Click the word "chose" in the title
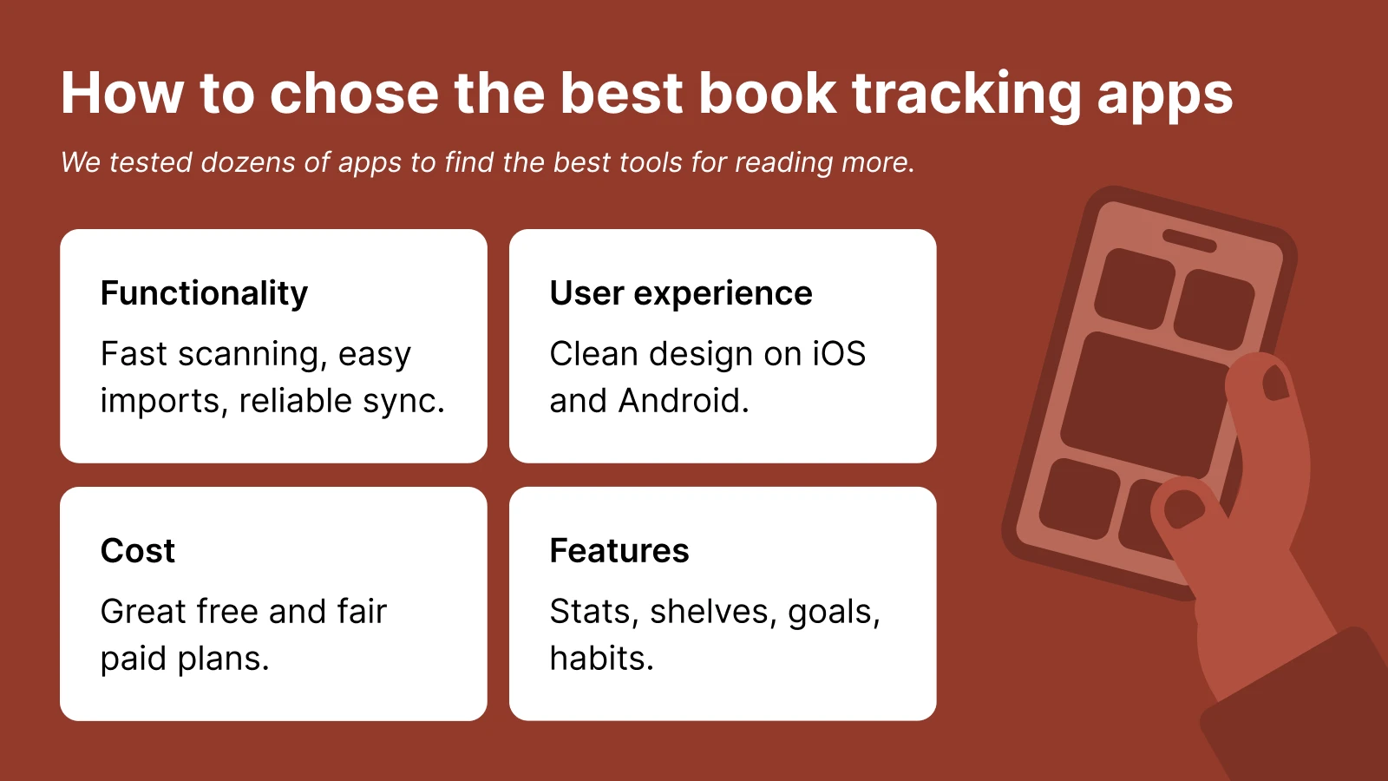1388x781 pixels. tap(355, 93)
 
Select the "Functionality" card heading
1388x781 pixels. tap(204, 293)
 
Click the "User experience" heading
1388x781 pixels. tap(681, 293)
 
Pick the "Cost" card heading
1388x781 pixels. tap(138, 551)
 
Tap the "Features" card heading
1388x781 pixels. tap(619, 551)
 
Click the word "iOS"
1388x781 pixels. tap(839, 354)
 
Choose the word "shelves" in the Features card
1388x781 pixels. tap(714, 612)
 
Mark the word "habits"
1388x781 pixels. tap(599, 659)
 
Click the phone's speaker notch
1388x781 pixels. tap(1189, 240)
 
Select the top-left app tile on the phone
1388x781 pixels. tap(1134, 288)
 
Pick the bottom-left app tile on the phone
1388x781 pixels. tap(1079, 498)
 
